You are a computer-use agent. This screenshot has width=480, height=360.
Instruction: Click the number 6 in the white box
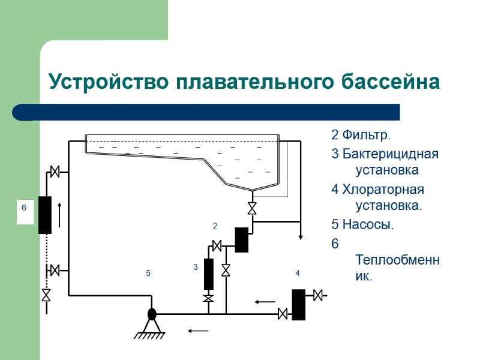click(25, 208)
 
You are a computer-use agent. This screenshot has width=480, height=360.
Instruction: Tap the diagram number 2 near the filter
click(215, 226)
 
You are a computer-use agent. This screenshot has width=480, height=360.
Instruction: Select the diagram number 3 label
click(196, 266)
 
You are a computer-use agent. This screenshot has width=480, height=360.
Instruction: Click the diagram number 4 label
click(297, 274)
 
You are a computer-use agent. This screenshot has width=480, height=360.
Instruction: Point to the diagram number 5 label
click(148, 274)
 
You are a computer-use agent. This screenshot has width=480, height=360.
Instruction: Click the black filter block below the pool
click(242, 239)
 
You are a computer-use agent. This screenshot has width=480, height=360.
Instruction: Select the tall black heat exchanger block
click(45, 215)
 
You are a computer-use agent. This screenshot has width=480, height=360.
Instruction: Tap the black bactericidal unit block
click(209, 274)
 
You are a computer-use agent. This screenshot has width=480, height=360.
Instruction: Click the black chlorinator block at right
click(299, 304)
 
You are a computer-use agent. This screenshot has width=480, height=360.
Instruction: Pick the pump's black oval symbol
click(152, 313)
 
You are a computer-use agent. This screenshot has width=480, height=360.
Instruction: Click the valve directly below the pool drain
click(252, 209)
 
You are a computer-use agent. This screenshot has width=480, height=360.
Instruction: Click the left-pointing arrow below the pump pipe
click(199, 330)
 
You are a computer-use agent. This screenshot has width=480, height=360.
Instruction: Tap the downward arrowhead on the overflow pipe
click(299, 236)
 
